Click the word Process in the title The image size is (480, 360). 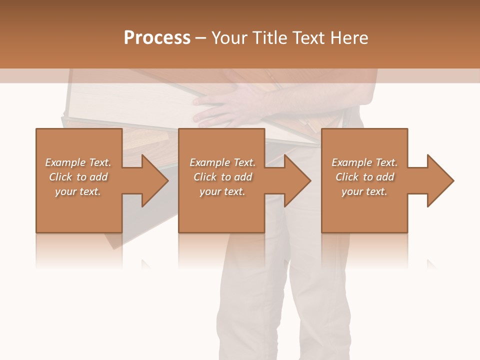(157, 38)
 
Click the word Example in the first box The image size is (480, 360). (65, 162)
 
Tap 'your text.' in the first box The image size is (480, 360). (78, 191)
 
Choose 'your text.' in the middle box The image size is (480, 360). (222, 191)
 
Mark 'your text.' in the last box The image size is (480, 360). (364, 191)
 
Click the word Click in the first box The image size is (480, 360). (60, 177)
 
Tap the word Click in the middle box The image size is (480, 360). (205, 177)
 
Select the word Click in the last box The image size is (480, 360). (347, 177)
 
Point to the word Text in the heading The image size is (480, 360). (309, 38)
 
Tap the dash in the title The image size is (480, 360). (201, 38)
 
